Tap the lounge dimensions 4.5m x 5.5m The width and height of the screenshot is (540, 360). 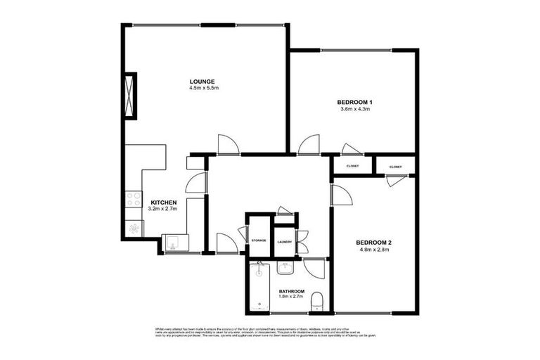(x=204, y=89)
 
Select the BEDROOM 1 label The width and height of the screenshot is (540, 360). (x=355, y=102)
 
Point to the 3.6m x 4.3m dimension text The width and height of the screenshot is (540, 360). (x=355, y=110)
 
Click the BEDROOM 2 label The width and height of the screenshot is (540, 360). (x=375, y=243)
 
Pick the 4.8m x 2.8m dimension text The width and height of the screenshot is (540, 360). (x=375, y=250)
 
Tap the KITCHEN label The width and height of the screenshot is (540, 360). (x=162, y=202)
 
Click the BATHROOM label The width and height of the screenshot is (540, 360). (x=291, y=292)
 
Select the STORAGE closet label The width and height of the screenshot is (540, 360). (x=259, y=241)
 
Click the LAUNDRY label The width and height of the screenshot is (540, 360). (x=284, y=241)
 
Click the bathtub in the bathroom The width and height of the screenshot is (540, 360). (x=260, y=288)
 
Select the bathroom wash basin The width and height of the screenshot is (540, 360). (x=285, y=267)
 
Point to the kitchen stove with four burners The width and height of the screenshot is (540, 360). (x=133, y=200)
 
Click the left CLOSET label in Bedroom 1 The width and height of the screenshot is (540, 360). (x=352, y=166)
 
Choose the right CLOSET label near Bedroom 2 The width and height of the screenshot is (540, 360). (x=396, y=167)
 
